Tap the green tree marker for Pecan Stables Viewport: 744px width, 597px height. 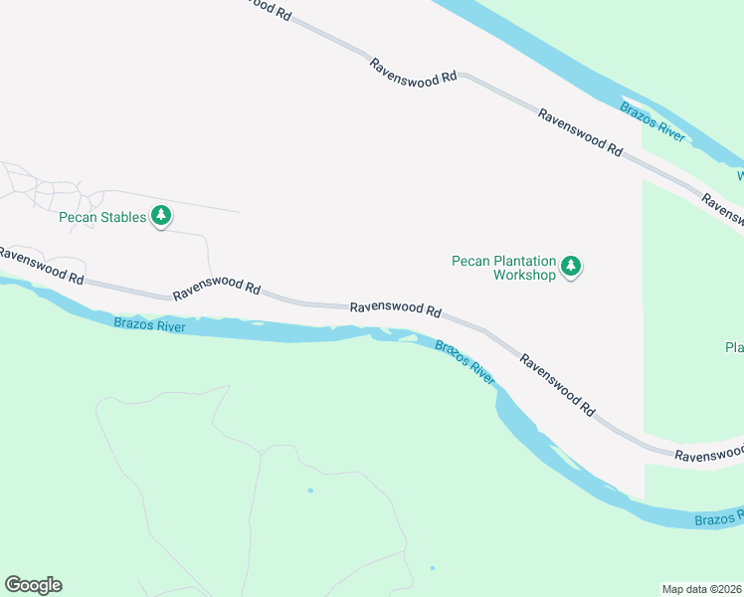(161, 217)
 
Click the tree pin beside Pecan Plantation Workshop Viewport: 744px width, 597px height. (570, 267)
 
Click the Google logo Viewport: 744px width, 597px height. (33, 585)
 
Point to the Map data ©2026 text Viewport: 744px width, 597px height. (702, 589)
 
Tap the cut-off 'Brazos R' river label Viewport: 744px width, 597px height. (718, 518)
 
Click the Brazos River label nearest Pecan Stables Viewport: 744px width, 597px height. (149, 325)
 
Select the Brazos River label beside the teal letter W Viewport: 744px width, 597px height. (652, 121)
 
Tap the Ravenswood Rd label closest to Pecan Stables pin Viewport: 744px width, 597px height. (216, 290)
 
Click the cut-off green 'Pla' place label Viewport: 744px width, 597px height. (734, 347)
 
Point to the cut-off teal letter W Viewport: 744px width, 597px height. (740, 175)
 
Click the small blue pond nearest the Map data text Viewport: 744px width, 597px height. (432, 568)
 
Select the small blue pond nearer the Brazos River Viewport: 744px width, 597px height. (310, 491)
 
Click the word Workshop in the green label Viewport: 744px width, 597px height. (524, 275)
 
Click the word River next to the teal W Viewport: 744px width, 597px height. (667, 130)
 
